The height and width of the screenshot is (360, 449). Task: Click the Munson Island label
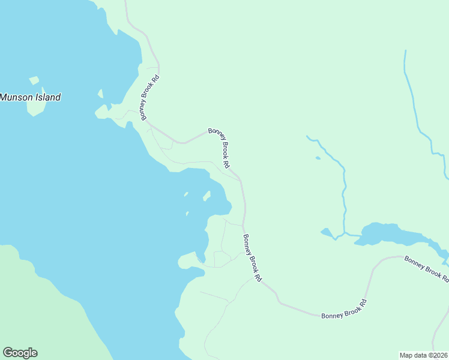click(x=30, y=97)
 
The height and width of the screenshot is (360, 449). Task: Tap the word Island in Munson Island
click(x=47, y=97)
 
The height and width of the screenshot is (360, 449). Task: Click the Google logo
click(x=20, y=353)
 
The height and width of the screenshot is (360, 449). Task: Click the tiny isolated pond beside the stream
click(x=318, y=158)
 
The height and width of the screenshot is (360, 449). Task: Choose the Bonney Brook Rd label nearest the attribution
click(x=343, y=307)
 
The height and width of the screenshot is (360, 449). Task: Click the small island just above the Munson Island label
click(x=34, y=80)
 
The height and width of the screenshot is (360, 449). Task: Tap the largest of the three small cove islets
click(x=206, y=196)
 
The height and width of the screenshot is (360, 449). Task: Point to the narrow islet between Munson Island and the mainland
click(x=100, y=95)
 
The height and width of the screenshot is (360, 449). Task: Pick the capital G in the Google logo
click(x=8, y=353)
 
